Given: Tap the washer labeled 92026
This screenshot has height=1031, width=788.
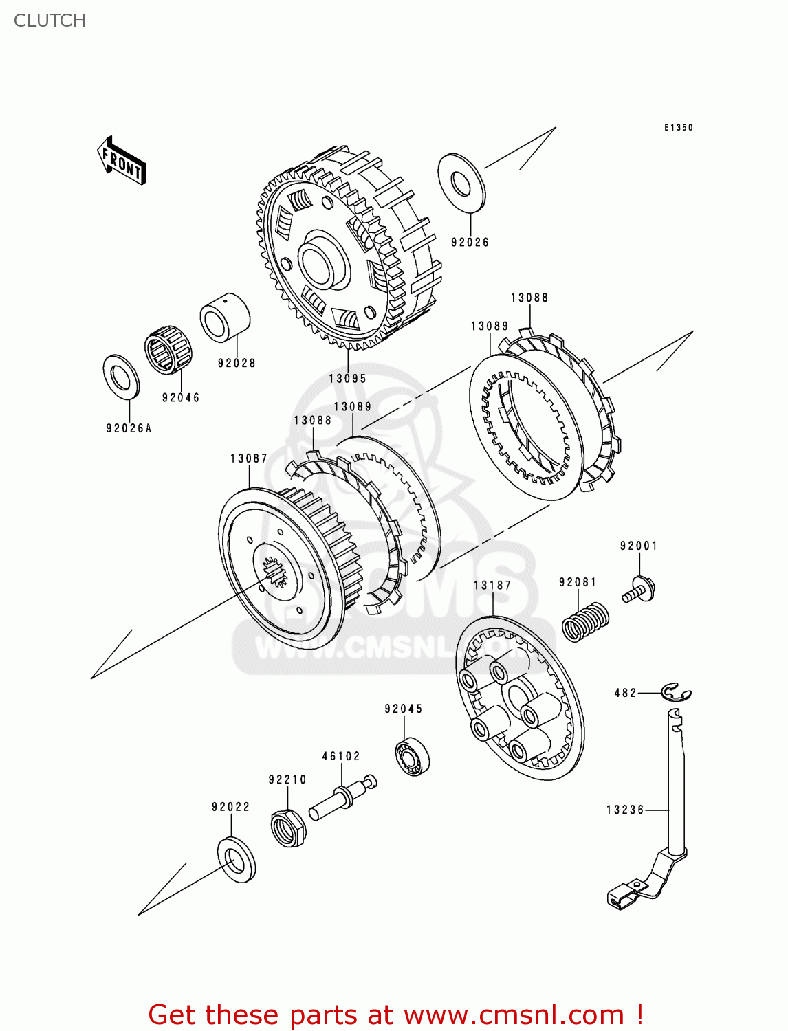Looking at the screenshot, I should [461, 183].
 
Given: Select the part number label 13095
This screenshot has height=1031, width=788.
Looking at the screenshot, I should [347, 379].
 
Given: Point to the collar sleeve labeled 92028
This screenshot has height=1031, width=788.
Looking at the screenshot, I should [225, 317].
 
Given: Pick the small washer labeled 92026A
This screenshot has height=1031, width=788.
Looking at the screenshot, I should [121, 377].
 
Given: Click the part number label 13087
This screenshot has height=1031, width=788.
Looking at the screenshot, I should [249, 458].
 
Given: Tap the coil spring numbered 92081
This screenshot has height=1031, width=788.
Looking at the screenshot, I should [585, 621].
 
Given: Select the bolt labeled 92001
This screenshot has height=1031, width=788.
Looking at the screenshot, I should [640, 590].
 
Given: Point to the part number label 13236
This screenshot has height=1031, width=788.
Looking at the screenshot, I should [625, 810].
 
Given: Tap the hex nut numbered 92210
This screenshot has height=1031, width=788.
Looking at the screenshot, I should [288, 828].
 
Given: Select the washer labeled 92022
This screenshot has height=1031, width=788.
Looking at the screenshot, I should [236, 859].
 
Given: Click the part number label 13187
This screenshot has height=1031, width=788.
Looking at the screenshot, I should [492, 586].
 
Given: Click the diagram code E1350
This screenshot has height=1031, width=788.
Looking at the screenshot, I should [678, 128].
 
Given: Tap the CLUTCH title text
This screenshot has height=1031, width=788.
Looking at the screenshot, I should [50, 21].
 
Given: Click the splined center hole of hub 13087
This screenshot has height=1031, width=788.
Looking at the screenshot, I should [275, 572].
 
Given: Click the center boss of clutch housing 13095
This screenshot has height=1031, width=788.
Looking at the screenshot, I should [321, 263].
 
